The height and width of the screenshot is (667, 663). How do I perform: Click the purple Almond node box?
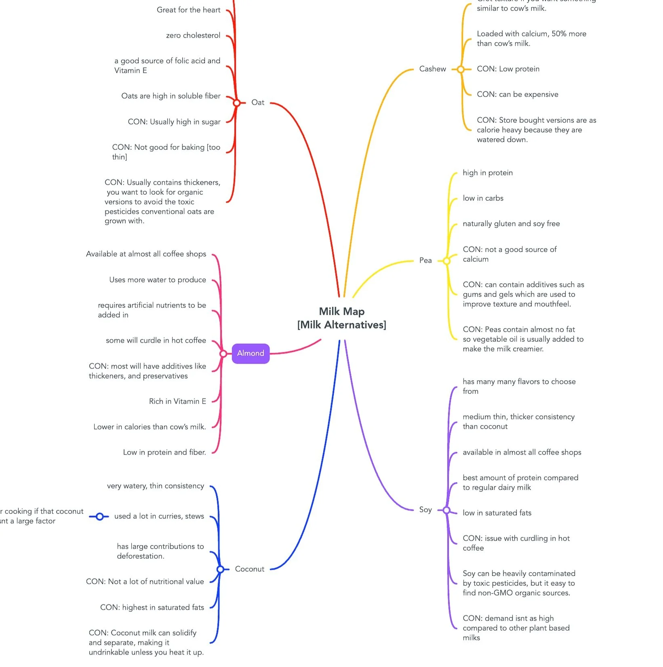(x=250, y=353)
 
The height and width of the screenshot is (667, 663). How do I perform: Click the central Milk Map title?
(x=342, y=318)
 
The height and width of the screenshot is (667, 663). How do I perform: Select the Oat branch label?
(x=258, y=103)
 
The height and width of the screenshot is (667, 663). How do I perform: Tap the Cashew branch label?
(x=432, y=69)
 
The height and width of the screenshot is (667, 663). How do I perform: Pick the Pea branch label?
(x=425, y=261)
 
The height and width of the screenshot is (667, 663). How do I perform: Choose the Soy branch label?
(x=425, y=510)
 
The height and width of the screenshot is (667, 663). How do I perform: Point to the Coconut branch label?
(x=250, y=569)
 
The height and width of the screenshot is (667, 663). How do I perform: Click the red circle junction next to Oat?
(x=237, y=103)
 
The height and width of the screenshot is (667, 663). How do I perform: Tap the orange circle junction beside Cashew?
(x=461, y=69)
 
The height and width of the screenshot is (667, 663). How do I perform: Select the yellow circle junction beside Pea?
(x=446, y=261)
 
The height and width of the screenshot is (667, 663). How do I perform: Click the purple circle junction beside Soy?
(x=446, y=510)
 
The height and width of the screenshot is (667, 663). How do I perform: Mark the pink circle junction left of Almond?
(x=223, y=354)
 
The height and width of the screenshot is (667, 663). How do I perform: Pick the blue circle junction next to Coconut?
(x=220, y=570)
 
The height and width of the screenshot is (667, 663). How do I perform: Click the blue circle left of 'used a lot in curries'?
(x=100, y=516)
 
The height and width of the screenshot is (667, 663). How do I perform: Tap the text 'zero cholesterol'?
(x=193, y=36)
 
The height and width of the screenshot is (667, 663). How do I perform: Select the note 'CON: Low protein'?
(x=508, y=69)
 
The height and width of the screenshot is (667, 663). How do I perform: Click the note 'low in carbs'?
(x=483, y=198)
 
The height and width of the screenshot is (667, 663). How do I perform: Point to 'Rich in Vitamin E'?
(x=177, y=402)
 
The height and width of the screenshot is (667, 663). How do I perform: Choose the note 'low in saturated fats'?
(x=497, y=513)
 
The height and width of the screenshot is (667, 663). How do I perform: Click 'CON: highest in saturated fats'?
(x=152, y=608)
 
